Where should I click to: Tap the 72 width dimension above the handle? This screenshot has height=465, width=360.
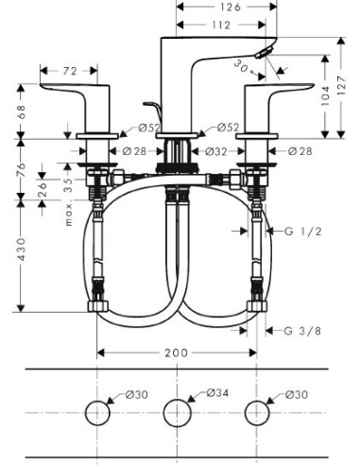pos(70,72)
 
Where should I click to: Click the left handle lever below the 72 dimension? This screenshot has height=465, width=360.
pos(68,93)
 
